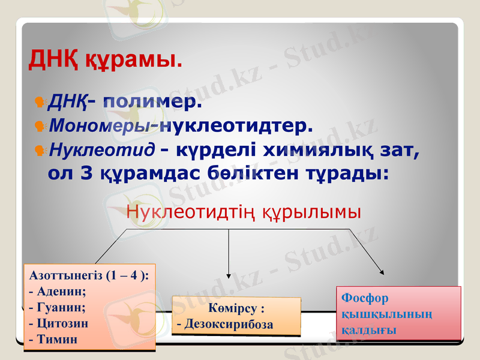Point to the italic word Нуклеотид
click(101, 149)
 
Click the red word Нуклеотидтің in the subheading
click(193, 212)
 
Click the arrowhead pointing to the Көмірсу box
click(229, 275)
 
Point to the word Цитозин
click(62, 323)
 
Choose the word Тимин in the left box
click(56, 339)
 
